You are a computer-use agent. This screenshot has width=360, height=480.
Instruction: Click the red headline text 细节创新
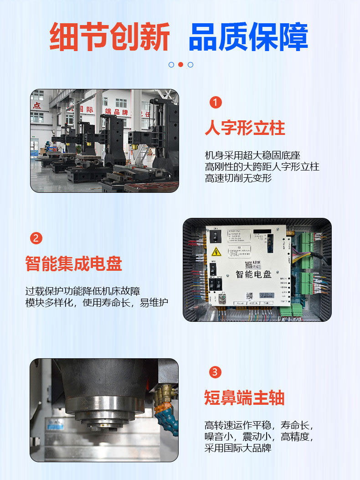coord(110,36)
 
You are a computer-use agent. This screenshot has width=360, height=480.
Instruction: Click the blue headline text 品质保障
coord(248,36)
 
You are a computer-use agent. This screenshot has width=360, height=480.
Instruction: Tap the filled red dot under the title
coord(180,64)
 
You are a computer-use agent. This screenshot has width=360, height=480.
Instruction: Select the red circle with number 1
coord(216,102)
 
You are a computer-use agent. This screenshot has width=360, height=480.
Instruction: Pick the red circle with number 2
coord(36,237)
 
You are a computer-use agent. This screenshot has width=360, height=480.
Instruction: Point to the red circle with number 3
coord(216,372)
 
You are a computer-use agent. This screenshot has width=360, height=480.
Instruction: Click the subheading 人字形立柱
coord(245,128)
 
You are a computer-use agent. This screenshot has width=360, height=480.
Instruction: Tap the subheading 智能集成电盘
coord(74,263)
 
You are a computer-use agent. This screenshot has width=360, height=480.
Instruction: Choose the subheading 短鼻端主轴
coord(244,398)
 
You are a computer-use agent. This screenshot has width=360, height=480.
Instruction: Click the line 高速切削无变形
coord(238,178)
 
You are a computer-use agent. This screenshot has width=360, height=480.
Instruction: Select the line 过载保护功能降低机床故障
coord(82,291)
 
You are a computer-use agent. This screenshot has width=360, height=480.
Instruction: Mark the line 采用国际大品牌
coord(238,448)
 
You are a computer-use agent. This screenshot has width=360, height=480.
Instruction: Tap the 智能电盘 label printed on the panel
coord(253,274)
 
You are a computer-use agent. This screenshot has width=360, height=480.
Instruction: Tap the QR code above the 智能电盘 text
coord(249,264)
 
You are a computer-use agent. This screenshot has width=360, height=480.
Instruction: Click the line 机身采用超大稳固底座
coord(252,155)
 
